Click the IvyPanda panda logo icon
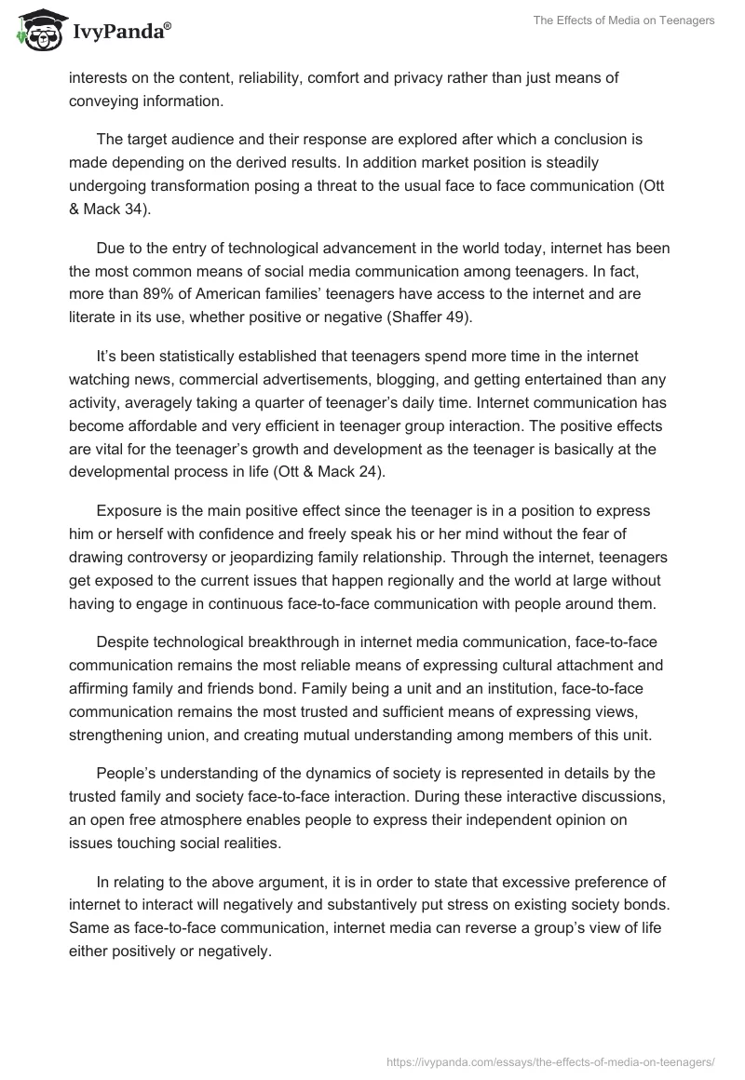(x=35, y=30)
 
